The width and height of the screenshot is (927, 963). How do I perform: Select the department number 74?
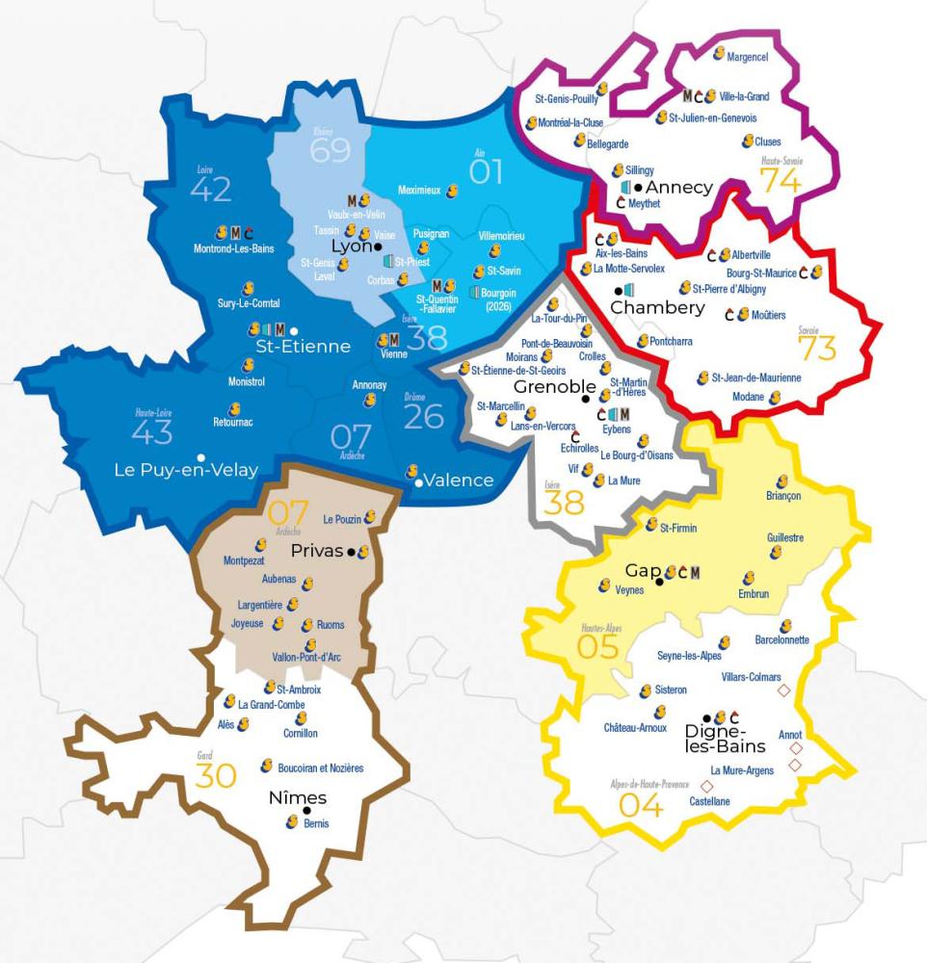(781, 180)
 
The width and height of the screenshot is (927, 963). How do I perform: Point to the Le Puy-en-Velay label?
(186, 470)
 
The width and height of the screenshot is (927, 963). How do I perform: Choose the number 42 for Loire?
(211, 190)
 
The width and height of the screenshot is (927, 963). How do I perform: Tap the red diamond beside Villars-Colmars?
(783, 690)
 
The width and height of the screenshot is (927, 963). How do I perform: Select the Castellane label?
(710, 801)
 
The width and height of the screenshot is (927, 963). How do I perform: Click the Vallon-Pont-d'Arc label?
(307, 658)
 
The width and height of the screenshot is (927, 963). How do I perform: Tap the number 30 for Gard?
(216, 776)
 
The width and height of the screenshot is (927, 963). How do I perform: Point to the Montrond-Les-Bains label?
(233, 248)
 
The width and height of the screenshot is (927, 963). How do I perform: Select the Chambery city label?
(657, 308)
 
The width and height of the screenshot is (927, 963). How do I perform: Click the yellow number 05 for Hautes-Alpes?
(597, 647)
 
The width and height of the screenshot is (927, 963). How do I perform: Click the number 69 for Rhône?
(331, 151)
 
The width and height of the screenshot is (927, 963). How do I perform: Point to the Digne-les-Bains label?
(725, 739)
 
